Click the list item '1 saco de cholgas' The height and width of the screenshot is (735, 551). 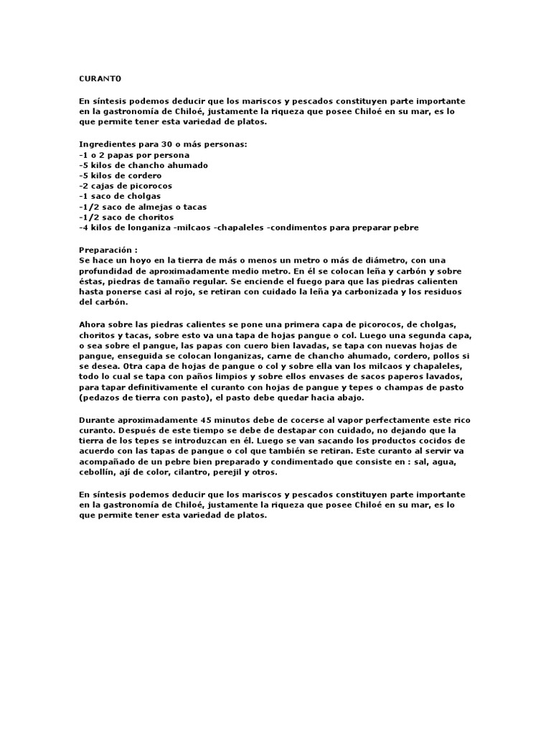click(x=120, y=196)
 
